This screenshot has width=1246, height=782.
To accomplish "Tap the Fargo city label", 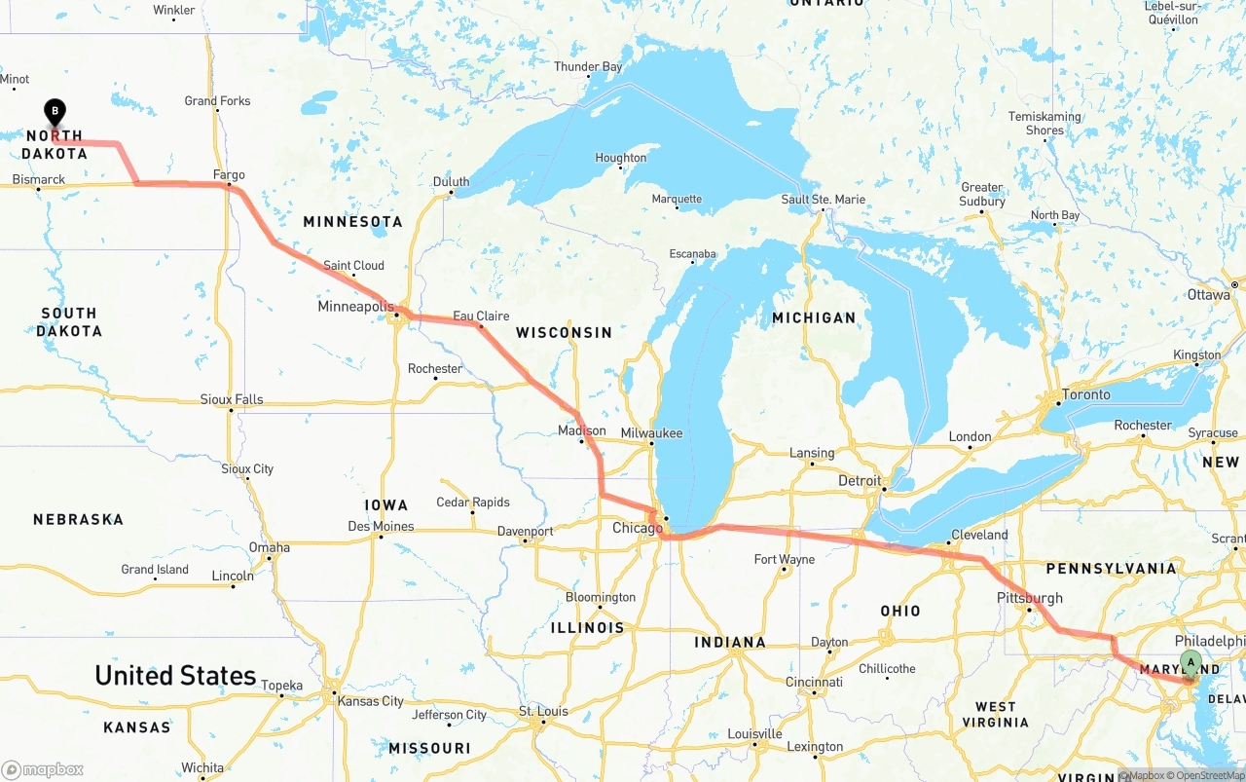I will pos(229,175).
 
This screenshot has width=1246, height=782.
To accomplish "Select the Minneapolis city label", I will pos(355,307).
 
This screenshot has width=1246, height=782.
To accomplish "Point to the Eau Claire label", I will pos(481,316).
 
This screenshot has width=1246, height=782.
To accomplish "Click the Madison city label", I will pos(582,430).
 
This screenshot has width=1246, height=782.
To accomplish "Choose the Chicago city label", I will pos(638,528).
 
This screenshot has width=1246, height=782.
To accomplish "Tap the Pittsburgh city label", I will pos(1029,598).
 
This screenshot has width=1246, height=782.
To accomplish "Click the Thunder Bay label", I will pos(588,67).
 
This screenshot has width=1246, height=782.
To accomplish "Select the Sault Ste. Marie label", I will pos(823,200).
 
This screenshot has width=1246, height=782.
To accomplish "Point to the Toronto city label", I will pos(1085,394).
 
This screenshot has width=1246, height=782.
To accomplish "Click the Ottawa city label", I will pos(1208,294).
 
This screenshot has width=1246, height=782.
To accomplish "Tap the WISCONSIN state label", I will pos(564,333).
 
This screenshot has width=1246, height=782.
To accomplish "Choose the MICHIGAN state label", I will pos(814,317).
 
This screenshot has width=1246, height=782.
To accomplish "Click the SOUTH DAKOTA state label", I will pos(69,322).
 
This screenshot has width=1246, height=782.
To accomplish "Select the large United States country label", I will pos(175,675).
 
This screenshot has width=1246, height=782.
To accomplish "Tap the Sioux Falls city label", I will pos(232,399).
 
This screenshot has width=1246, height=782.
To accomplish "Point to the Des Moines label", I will pos(381,527).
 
